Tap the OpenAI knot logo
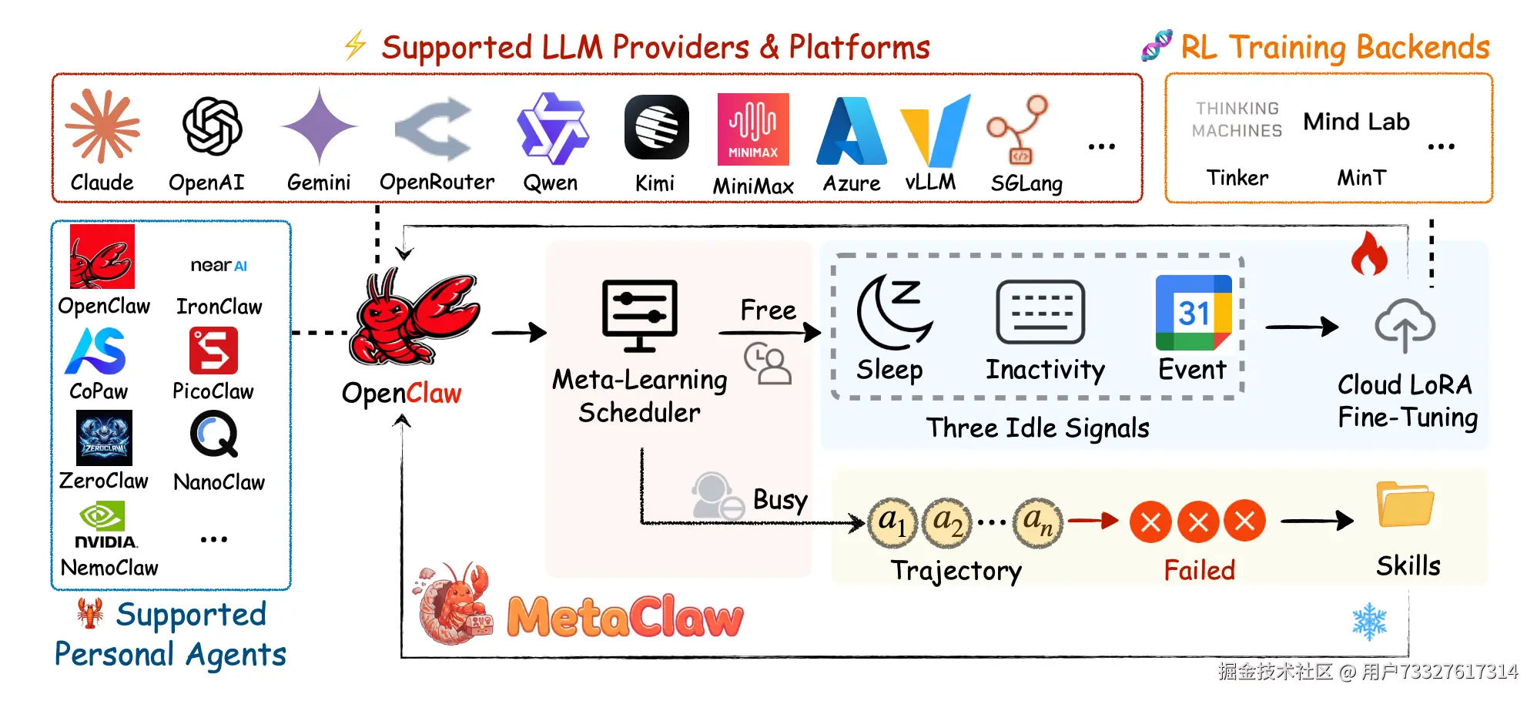[x=212, y=126]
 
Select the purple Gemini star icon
[x=319, y=126]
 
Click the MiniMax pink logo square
[x=753, y=129]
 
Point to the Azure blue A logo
[x=852, y=131]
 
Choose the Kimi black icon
[x=656, y=127]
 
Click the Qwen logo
[x=552, y=128]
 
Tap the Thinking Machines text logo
[x=1237, y=120]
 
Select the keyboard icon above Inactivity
[x=1040, y=311]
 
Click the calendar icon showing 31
[x=1194, y=313]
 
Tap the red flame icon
[x=1369, y=253]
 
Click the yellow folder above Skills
[x=1405, y=505]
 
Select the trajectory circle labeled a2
[x=947, y=522]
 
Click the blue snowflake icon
[x=1369, y=622]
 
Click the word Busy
[x=780, y=500]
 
